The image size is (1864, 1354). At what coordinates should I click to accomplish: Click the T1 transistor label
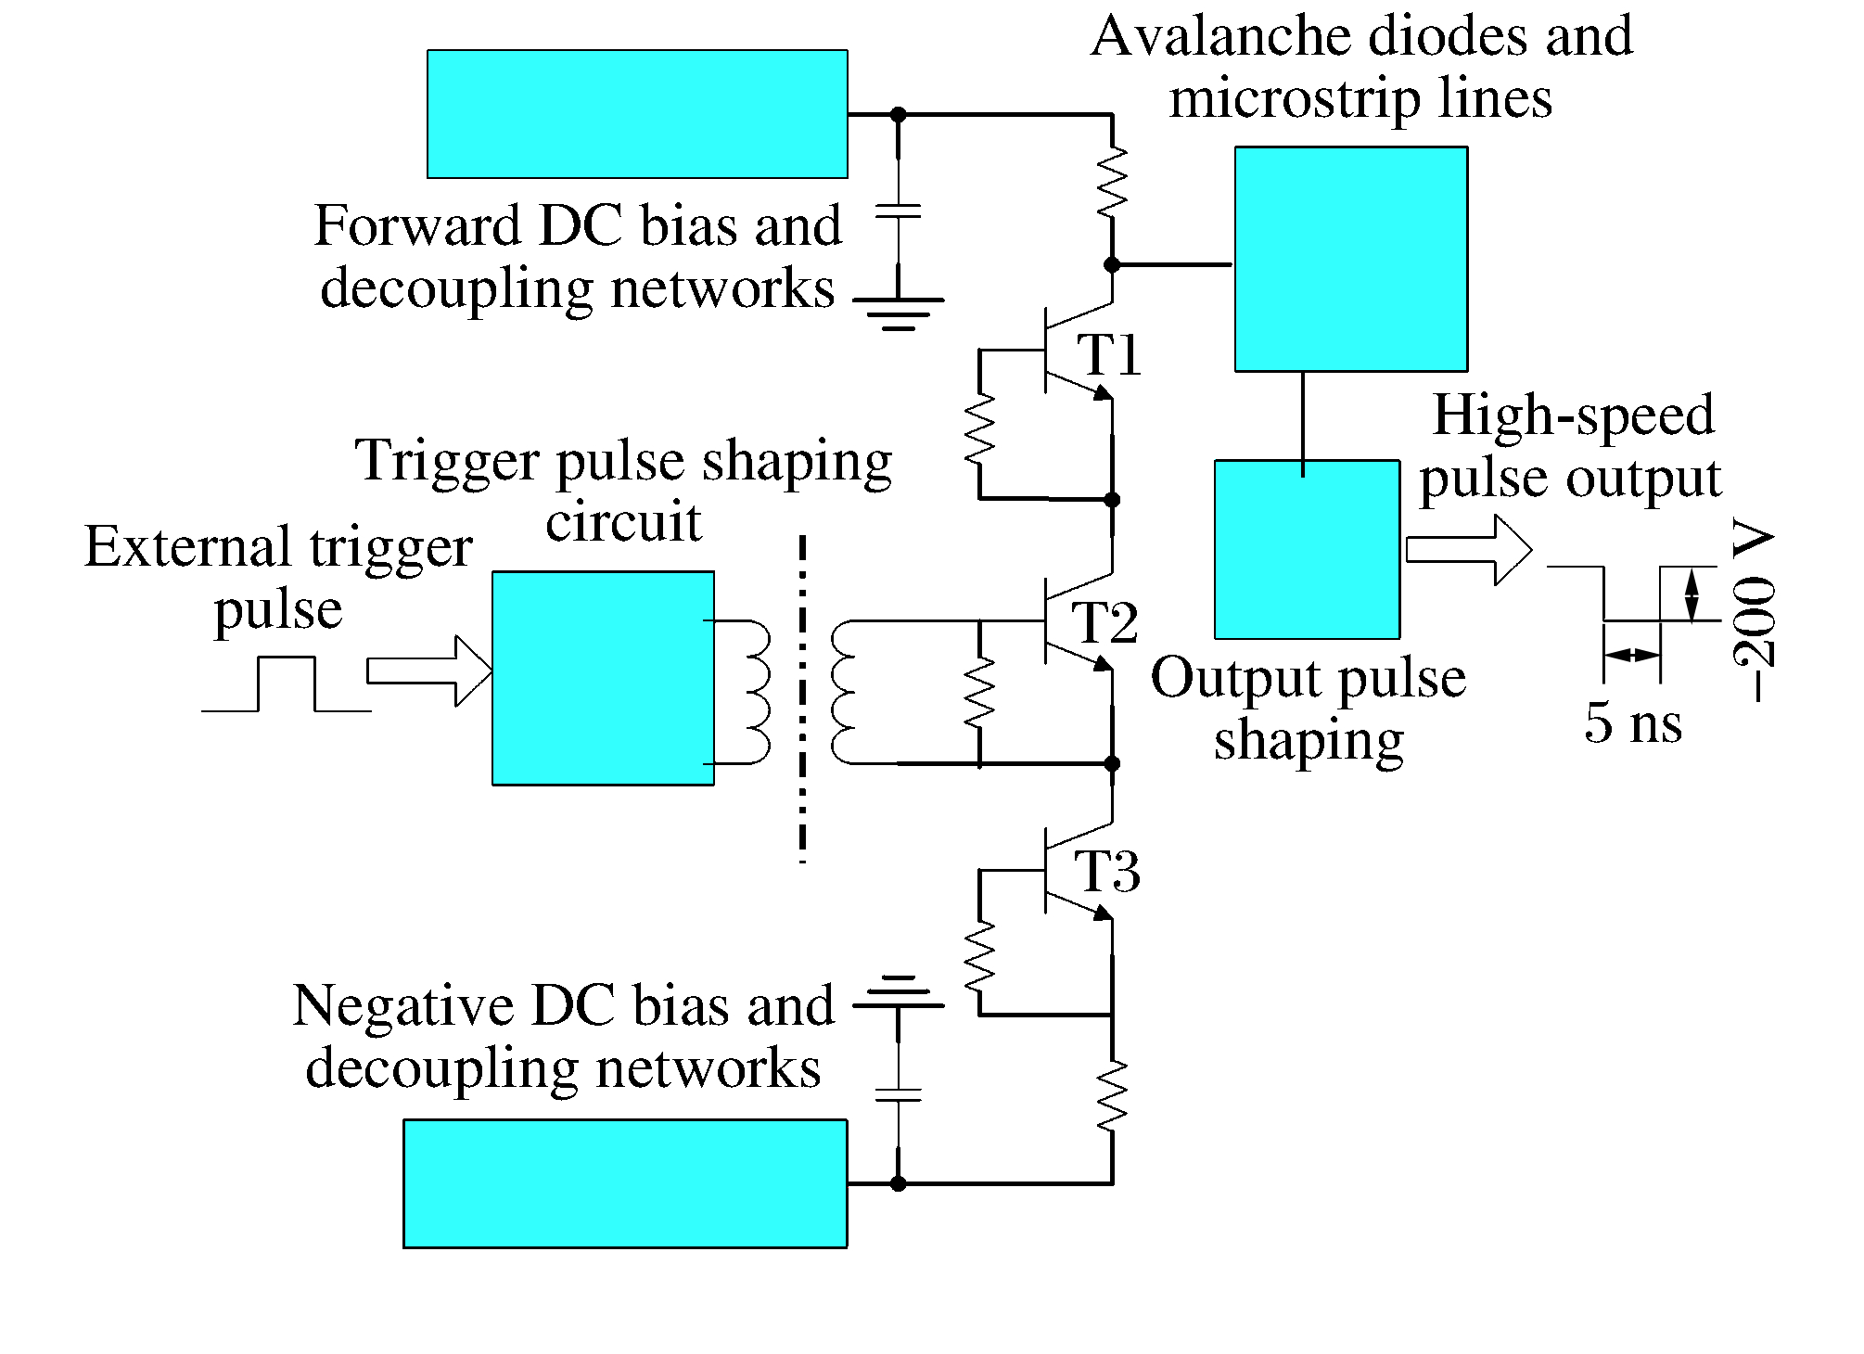point(1108,354)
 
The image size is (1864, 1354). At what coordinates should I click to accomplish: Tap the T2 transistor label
point(1104,621)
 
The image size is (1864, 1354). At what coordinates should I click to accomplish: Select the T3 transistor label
point(1106,871)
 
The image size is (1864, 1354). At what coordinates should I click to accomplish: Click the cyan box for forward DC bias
point(637,114)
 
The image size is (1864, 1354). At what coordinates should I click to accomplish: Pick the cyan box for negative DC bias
point(625,1183)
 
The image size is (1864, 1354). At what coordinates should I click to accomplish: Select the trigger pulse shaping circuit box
point(603,678)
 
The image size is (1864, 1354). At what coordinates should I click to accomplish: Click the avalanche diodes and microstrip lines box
point(1350,259)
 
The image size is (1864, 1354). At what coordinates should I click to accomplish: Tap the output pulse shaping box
point(1307,549)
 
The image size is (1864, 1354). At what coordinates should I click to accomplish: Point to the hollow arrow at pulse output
point(1468,550)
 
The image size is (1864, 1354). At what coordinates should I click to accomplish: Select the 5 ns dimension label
point(1633,722)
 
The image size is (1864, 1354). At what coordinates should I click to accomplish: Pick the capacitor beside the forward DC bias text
point(898,211)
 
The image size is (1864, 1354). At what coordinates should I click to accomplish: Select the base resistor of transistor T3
point(980,955)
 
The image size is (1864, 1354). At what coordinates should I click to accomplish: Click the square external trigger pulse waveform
point(287,683)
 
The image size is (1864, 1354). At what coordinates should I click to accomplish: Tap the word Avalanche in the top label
point(1221,37)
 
